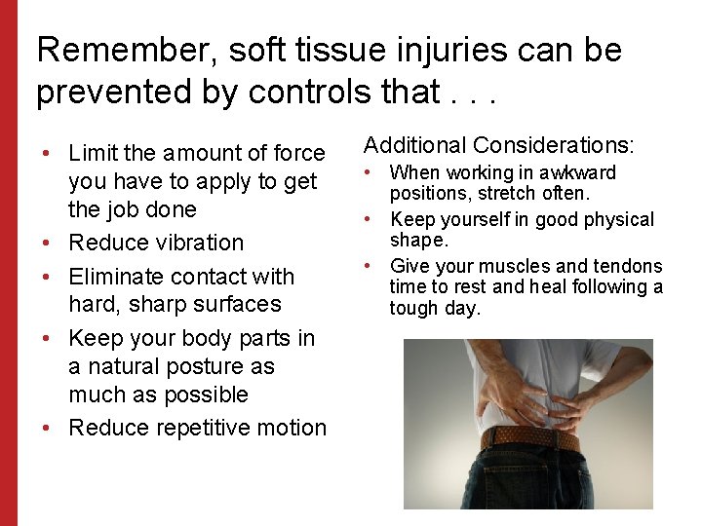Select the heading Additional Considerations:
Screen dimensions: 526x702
(x=498, y=146)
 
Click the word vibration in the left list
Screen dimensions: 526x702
(x=197, y=243)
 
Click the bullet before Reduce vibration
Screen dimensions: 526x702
(x=48, y=243)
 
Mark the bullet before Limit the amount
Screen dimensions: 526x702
(x=48, y=153)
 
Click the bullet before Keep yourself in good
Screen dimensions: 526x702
(x=370, y=220)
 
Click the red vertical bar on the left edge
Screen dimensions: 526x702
(x=8, y=263)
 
